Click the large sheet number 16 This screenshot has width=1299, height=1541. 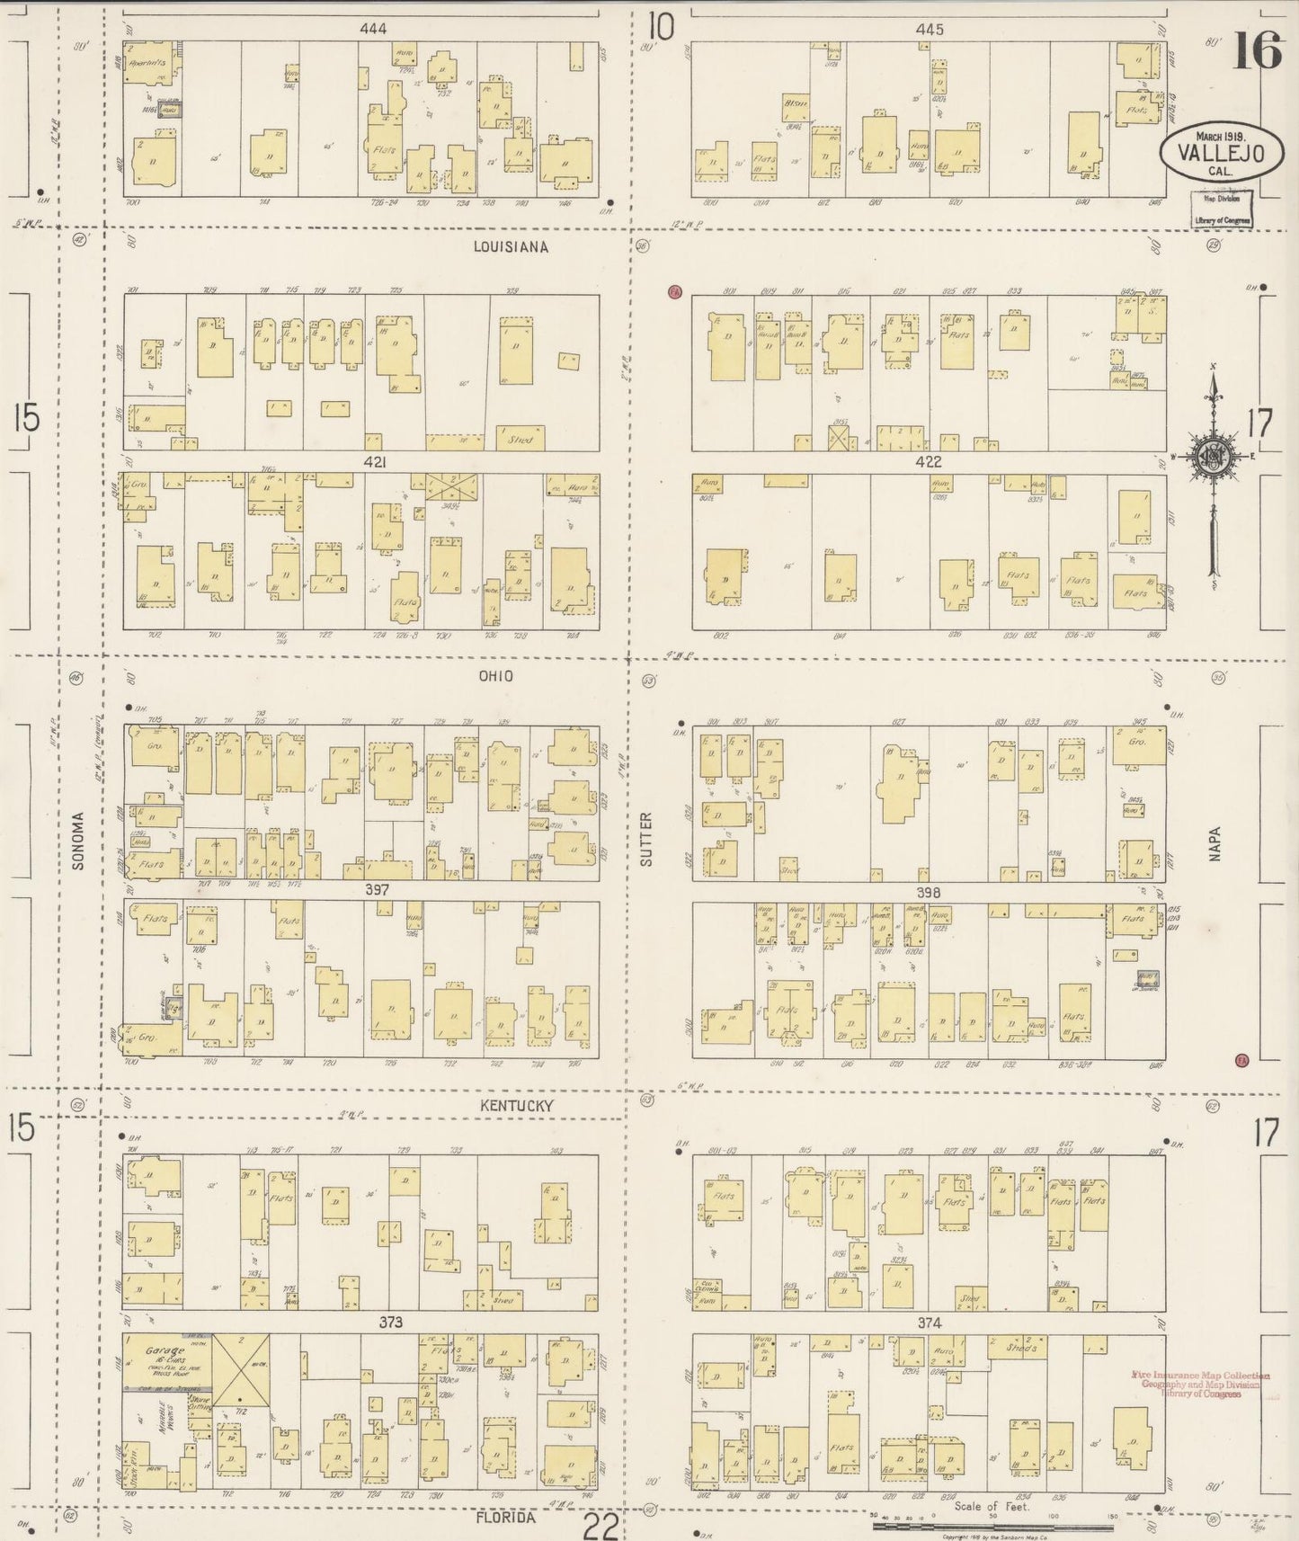[x=1257, y=49]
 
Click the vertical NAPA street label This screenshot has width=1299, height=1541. [x=1215, y=846]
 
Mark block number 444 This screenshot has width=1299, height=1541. [x=372, y=29]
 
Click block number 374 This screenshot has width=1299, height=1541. [x=929, y=1323]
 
